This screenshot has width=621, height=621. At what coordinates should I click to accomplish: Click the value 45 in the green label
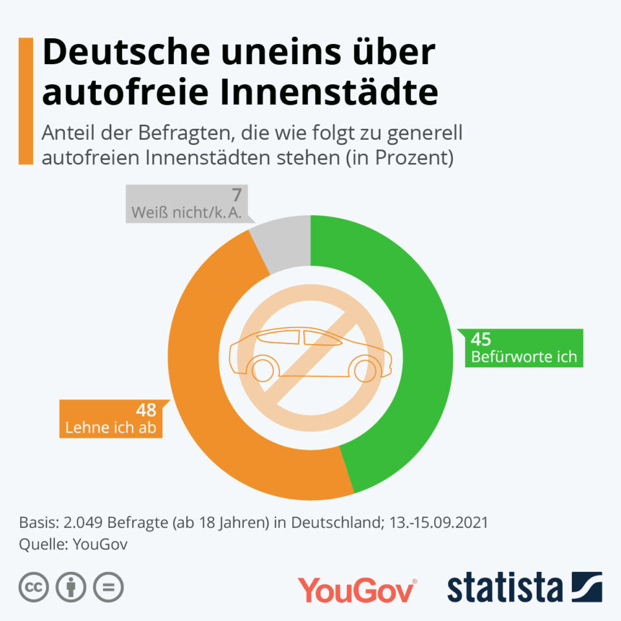pyautogui.click(x=481, y=340)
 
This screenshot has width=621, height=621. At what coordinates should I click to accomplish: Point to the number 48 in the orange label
pyautogui.click(x=146, y=410)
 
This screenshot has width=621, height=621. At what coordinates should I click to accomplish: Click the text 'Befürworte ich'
pyautogui.click(x=523, y=356)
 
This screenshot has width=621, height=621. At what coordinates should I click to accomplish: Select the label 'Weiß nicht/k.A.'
pyautogui.click(x=187, y=212)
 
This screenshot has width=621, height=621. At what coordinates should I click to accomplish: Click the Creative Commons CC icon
pyautogui.click(x=35, y=587)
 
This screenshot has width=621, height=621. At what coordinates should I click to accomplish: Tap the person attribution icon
pyautogui.click(x=71, y=587)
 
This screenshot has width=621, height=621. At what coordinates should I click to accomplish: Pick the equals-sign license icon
pyautogui.click(x=108, y=587)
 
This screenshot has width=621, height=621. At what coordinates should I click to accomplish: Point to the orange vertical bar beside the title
pyautogui.click(x=26, y=100)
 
